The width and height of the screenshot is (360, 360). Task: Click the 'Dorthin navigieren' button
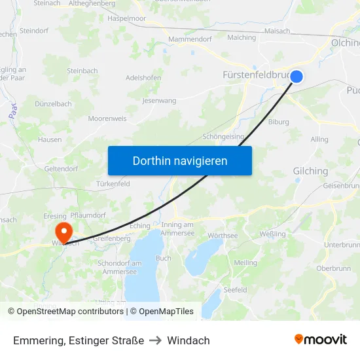180,160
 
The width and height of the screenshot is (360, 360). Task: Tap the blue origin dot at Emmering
297,77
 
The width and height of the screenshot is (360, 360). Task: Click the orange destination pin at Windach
64,232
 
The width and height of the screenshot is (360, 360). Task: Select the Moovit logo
321,339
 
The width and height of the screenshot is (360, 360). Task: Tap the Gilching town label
310,171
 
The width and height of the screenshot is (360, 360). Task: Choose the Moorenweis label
108,118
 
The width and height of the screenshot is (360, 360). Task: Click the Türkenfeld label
113,184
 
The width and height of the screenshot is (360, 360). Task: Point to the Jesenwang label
159,101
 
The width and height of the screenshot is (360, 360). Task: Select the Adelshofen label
143,77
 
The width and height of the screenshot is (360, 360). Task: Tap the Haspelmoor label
127,19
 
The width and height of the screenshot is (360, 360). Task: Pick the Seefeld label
235,289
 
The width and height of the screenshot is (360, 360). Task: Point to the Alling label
319,139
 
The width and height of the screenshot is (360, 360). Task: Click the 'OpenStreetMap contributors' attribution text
67,312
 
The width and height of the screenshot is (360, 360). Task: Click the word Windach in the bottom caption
189,340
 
